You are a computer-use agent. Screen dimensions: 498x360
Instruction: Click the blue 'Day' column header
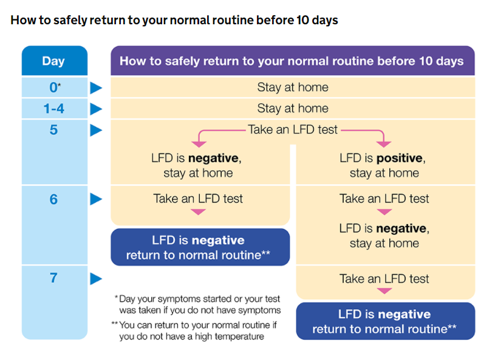tap(55, 61)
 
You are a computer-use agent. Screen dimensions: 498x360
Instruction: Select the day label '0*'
tap(55, 87)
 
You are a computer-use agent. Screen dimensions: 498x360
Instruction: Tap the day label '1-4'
tap(53, 109)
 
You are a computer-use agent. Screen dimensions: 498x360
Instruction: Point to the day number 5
tap(53, 130)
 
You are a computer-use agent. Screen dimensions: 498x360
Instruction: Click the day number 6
tap(53, 199)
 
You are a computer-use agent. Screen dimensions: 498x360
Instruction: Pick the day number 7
tap(53, 278)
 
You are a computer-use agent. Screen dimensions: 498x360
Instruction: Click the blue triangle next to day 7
tap(96, 279)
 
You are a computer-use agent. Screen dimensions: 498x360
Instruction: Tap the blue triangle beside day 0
tap(96, 88)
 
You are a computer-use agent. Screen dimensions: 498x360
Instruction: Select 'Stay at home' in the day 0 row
tap(293, 87)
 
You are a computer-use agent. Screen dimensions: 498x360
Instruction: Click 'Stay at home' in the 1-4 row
tap(293, 109)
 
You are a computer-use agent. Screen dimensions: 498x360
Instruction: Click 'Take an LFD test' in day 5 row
tap(293, 129)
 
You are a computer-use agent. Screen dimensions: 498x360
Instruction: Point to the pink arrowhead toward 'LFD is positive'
tap(384, 144)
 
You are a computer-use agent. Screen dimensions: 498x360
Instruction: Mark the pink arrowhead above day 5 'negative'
tap(199, 144)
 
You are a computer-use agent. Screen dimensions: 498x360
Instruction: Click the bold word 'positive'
tap(400, 158)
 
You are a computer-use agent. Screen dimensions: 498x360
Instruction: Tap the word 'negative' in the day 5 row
tap(213, 158)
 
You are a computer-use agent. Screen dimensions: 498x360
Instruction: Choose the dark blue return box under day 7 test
tap(386, 321)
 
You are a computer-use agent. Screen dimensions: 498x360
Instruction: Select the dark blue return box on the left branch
tap(200, 247)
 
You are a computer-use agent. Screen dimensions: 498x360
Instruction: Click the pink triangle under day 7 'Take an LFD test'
tap(384, 291)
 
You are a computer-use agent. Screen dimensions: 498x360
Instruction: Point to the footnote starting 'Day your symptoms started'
tap(197, 304)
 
